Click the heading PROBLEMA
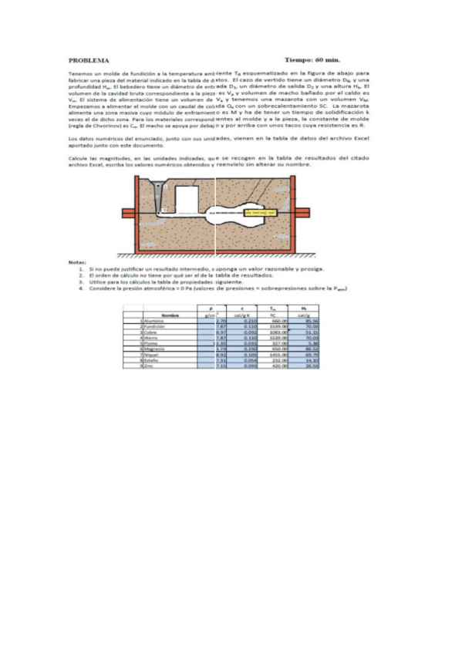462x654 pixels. point(88,59)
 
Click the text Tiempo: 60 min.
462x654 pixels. point(312,59)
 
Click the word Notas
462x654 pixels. point(77,262)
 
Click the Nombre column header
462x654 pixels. point(170,315)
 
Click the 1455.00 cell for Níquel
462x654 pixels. point(278,355)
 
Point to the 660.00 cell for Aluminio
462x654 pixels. point(279,321)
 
